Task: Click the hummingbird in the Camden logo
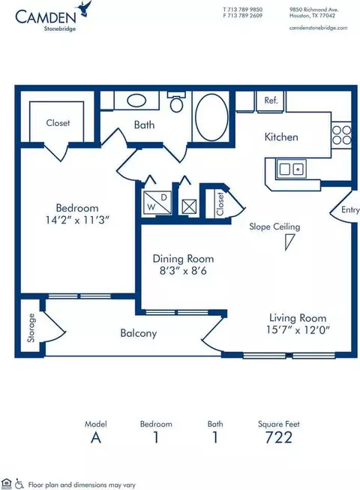pos(85,9)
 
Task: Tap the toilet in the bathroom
pos(176,103)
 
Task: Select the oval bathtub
pos(211,117)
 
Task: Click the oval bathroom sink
pos(136,101)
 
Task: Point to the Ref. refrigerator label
pos(271,101)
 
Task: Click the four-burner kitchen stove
pos(341,134)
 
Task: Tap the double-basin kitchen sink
pos(291,169)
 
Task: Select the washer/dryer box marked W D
pos(157,202)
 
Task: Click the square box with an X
pos(189,207)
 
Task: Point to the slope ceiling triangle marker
pos(289,242)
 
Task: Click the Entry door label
pos(350,209)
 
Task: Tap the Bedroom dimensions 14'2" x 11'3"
pos(76,221)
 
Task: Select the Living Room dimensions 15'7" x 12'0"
pos(298,329)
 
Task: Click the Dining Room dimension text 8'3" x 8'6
pos(183,271)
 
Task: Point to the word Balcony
pos(138,333)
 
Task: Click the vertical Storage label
pos(31,328)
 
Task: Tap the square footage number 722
pos(279,437)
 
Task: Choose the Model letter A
pos(96,437)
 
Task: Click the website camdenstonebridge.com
pos(318,28)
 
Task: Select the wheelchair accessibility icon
pos(19,483)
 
